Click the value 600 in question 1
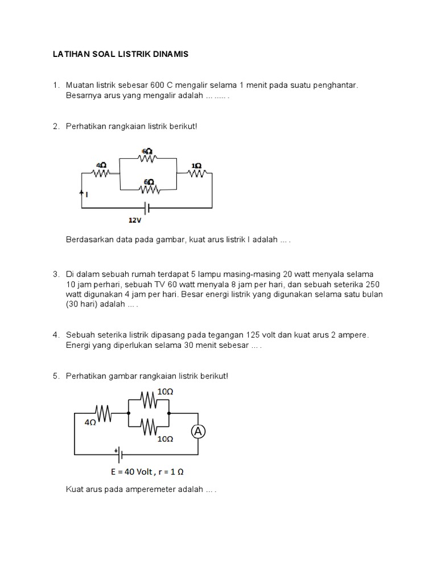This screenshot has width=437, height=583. (151, 85)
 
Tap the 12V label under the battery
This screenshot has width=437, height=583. (134, 219)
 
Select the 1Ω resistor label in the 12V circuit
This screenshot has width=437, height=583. (196, 166)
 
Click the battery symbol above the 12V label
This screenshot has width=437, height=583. (146, 208)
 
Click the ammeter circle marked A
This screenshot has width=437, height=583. (198, 433)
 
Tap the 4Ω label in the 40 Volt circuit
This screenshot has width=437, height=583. (90, 422)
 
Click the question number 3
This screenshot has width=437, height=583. (56, 274)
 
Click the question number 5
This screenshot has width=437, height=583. (56, 376)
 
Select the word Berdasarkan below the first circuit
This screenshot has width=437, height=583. (90, 241)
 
